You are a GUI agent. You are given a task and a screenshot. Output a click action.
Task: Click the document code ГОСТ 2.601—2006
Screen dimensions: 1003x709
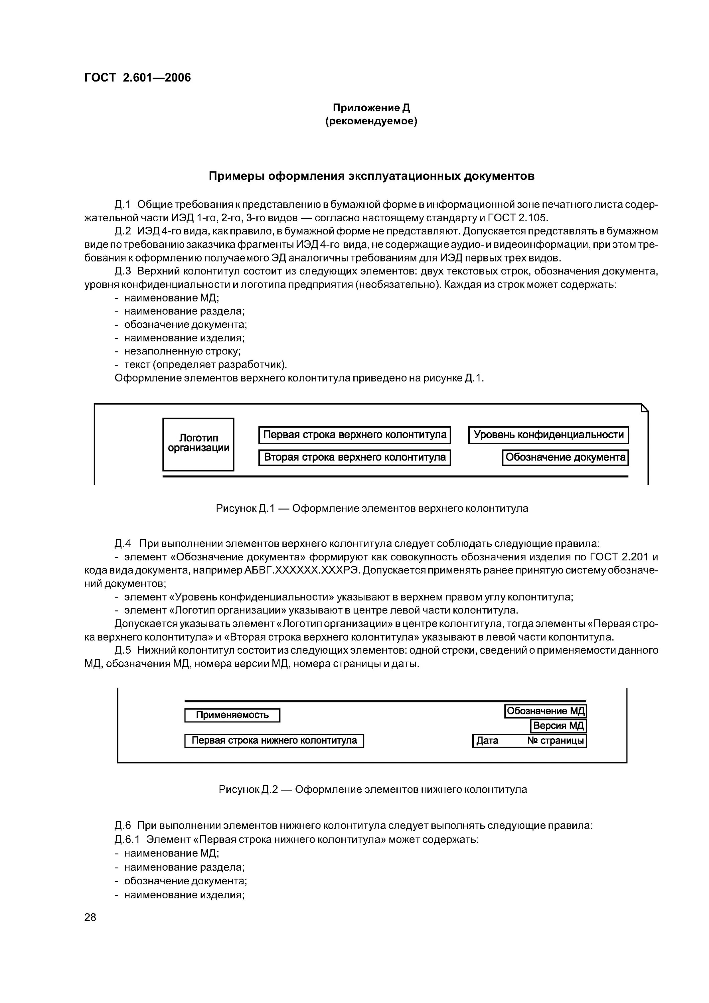tap(138, 78)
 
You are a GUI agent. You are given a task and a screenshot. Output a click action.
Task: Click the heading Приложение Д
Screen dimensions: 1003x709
tap(371, 107)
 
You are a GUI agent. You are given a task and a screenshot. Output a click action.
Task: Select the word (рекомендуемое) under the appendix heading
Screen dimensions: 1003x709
tap(371, 121)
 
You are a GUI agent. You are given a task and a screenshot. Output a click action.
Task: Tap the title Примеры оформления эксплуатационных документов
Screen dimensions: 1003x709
tap(371, 176)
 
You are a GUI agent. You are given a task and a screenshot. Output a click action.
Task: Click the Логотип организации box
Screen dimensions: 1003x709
tap(198, 444)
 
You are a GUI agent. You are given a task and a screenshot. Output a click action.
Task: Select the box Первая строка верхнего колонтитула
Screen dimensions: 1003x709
tap(354, 435)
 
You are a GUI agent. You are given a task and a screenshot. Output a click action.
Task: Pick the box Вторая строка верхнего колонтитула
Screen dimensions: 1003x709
tap(354, 457)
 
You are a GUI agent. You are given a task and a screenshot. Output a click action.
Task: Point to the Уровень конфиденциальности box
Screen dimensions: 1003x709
tap(548, 435)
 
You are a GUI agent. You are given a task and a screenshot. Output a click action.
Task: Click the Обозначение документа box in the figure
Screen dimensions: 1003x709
tap(565, 457)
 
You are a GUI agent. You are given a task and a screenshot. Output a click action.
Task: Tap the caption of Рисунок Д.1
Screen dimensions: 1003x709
tap(372, 509)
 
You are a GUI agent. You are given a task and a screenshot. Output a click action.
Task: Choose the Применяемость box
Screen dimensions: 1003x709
tap(232, 715)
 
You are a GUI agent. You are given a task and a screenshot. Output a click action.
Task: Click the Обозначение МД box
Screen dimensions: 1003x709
tap(545, 711)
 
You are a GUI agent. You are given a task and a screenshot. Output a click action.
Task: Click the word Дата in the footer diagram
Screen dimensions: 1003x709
tap(487, 741)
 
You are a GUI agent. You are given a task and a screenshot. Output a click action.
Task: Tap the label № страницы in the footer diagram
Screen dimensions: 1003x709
tap(555, 741)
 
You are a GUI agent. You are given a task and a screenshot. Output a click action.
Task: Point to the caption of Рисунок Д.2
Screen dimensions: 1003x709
tap(373, 790)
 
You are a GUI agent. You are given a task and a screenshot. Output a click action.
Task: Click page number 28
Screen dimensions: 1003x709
tap(91, 917)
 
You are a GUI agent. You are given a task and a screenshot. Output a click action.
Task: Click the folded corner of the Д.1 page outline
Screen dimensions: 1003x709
tap(645, 408)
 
